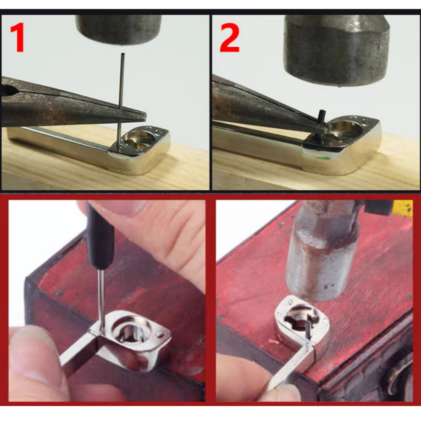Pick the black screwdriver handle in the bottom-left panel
click(x=101, y=236)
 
